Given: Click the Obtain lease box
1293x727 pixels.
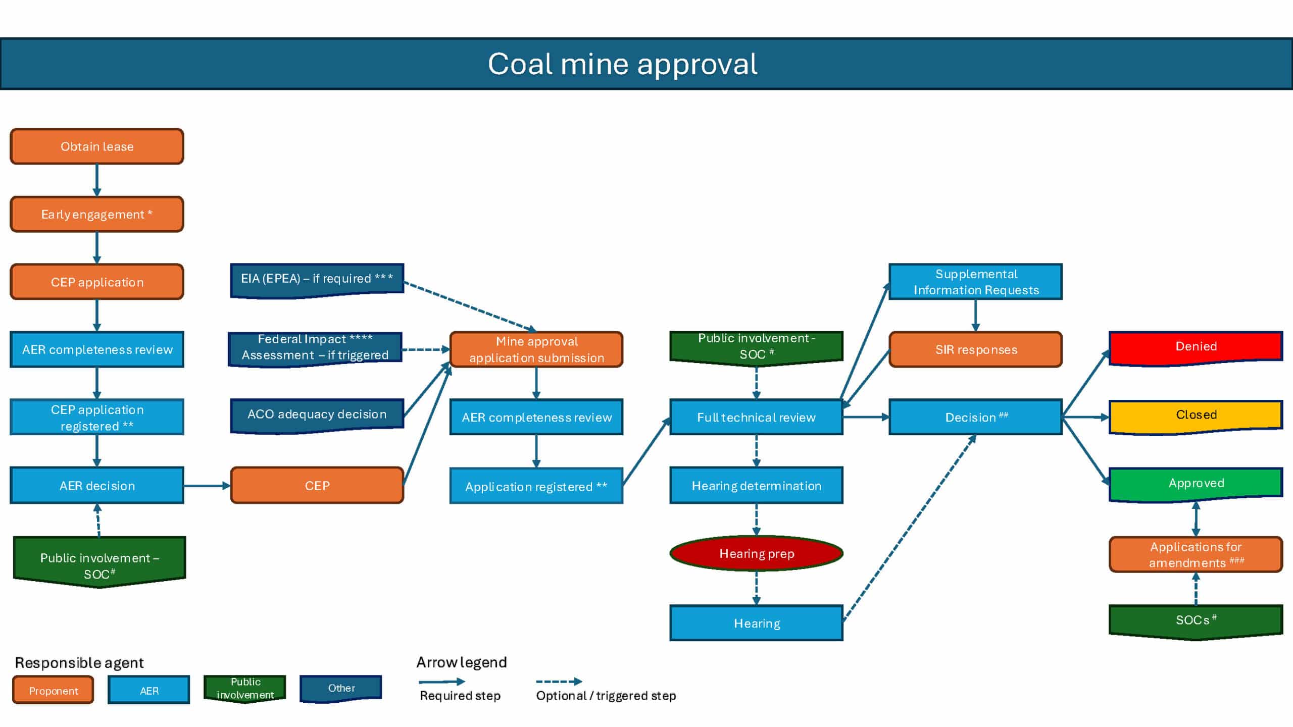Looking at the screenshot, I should point(96,146).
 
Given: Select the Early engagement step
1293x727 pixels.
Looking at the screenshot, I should point(96,214).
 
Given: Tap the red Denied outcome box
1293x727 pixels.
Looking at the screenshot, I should point(1196,347).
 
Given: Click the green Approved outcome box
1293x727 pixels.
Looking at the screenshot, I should point(1196,484).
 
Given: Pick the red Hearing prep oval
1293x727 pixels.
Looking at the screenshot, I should point(756,553).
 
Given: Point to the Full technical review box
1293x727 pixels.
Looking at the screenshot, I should point(756,418).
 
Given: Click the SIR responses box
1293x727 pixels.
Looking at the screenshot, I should point(975,349).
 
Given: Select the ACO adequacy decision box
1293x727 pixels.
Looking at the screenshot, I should point(317,414).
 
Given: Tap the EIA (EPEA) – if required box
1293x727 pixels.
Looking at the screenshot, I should point(317,279).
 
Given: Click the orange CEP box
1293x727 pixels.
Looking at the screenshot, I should point(317,485).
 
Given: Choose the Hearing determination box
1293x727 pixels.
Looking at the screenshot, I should point(756,485).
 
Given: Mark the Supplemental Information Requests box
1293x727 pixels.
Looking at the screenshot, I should point(975,282).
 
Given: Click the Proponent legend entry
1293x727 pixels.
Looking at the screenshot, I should point(53,690).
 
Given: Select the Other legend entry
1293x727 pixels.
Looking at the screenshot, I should point(341,688).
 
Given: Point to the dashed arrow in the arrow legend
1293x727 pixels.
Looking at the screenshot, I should point(558,682).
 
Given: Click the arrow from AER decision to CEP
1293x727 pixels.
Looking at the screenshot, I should point(207,486).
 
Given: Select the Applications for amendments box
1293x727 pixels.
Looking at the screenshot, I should point(1196,554).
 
